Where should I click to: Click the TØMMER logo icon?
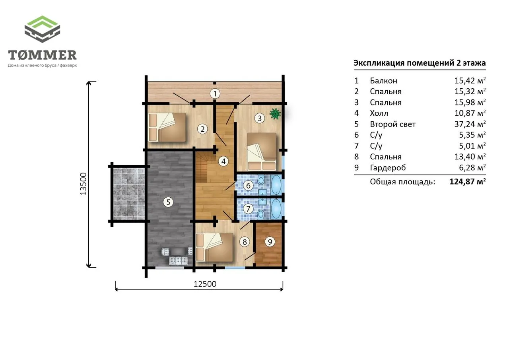(x=42, y=29)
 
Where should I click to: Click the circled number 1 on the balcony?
(x=215, y=93)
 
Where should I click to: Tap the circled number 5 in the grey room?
(x=168, y=202)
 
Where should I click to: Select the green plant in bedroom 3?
(x=275, y=114)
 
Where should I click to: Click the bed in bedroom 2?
(x=167, y=127)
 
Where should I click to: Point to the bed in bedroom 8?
(x=214, y=247)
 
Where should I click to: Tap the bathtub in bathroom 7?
(x=276, y=208)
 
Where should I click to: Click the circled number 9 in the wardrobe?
(x=270, y=242)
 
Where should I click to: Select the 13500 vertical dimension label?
(x=84, y=184)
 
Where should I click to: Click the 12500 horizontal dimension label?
(x=205, y=284)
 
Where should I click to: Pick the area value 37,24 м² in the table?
(x=470, y=124)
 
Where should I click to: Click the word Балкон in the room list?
(x=384, y=81)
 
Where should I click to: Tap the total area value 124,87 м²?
(x=468, y=182)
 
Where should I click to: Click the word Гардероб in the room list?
(x=388, y=168)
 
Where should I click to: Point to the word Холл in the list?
(x=379, y=113)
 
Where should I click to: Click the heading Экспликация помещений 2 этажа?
(x=420, y=63)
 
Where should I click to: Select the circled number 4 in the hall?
(x=223, y=162)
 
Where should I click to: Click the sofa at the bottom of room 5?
(x=179, y=260)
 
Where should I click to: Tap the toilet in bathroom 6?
(x=261, y=181)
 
